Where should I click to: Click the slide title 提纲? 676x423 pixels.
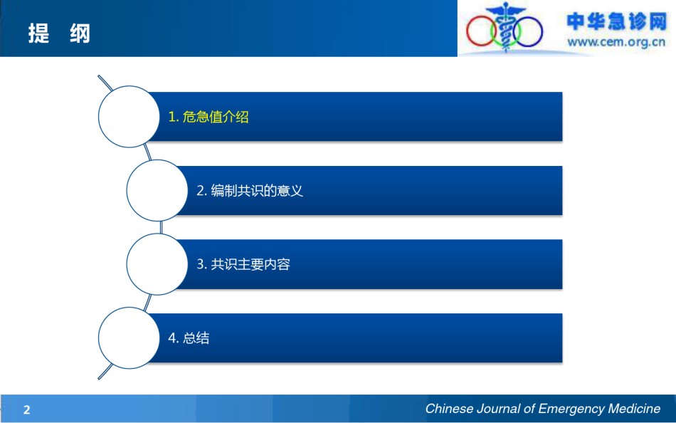(59, 33)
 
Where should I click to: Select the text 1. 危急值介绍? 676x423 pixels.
(208, 117)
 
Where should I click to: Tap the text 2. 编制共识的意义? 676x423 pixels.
(250, 191)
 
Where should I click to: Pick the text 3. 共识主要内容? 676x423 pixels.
(243, 264)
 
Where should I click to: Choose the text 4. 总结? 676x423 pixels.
(189, 338)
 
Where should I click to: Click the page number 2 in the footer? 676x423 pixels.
(27, 409)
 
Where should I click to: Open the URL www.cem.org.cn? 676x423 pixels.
(616, 42)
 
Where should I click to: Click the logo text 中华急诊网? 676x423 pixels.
(616, 21)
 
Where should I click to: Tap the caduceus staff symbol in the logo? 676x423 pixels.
(505, 27)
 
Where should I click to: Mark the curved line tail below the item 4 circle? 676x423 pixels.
(105, 371)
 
